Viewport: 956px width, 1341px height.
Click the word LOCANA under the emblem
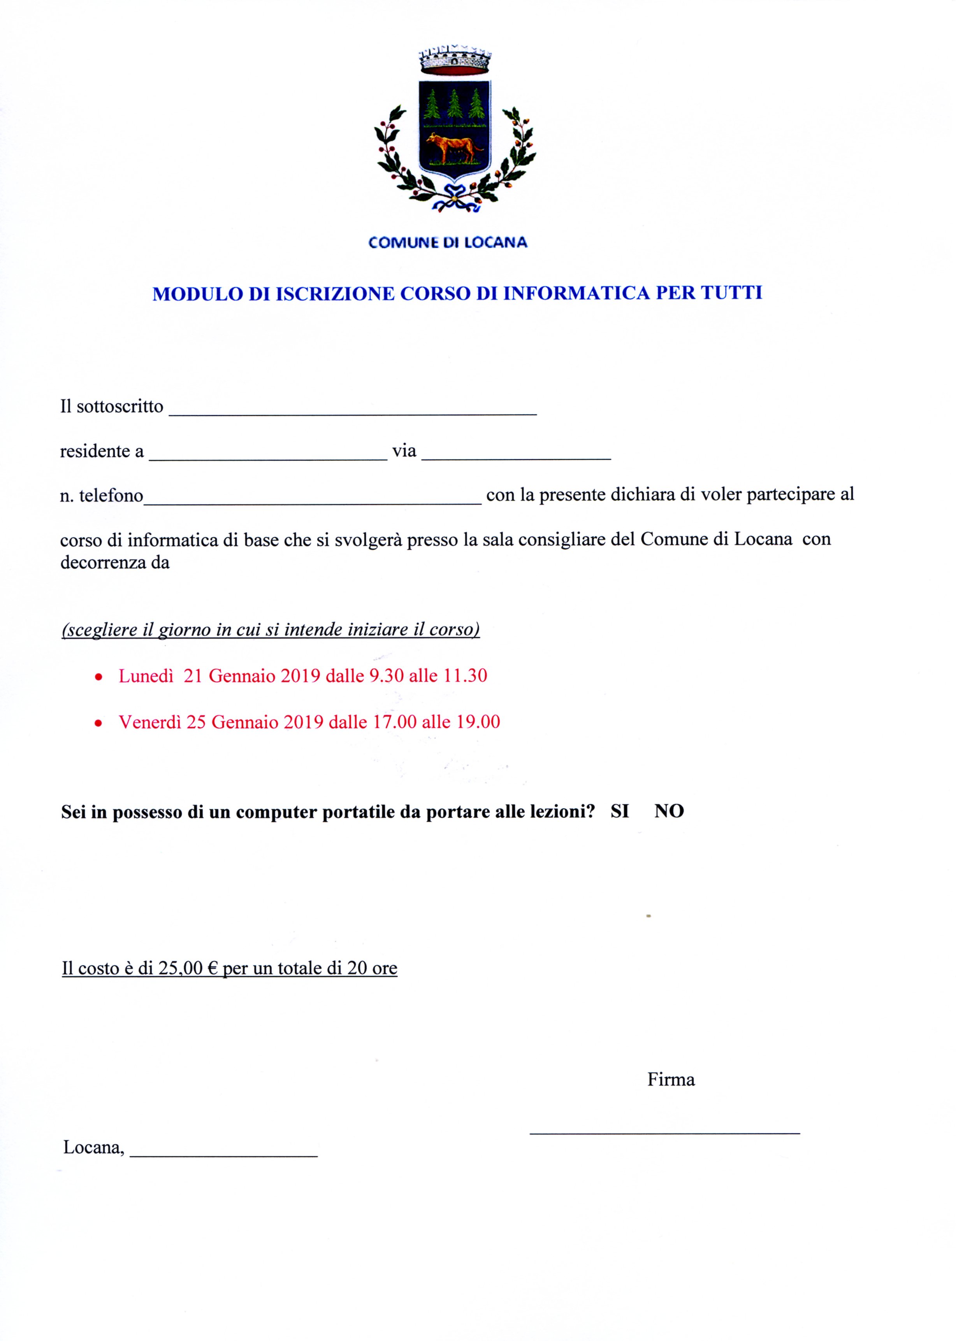[x=496, y=242]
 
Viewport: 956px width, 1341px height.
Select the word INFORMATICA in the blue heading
[x=576, y=293]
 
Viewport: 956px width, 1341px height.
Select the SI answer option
[x=619, y=812]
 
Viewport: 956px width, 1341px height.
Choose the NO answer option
[x=669, y=812]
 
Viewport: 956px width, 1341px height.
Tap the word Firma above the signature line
[x=671, y=1080]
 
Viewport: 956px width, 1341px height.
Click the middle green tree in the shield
[x=454, y=105]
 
